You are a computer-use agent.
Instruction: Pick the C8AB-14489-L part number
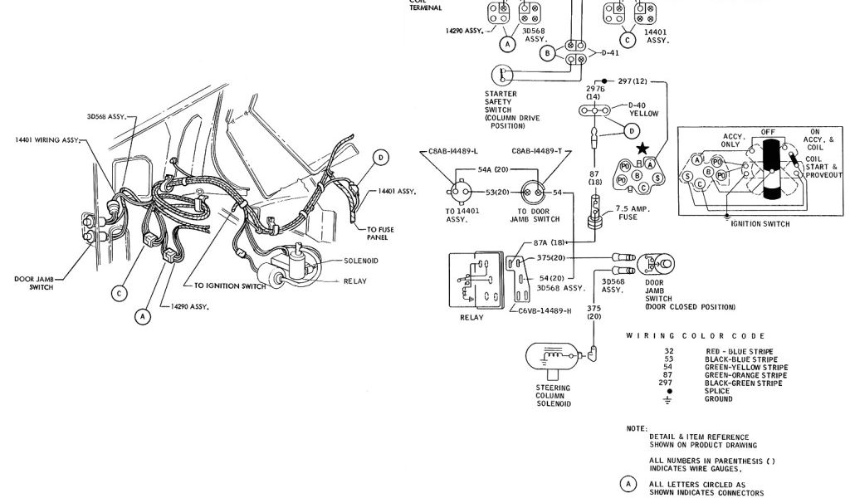click(447, 152)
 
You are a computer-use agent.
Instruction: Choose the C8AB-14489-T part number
click(536, 152)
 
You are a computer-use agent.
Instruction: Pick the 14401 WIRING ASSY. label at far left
click(48, 139)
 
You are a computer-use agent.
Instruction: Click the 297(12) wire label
click(633, 81)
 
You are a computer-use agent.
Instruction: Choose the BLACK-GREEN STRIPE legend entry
click(744, 383)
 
